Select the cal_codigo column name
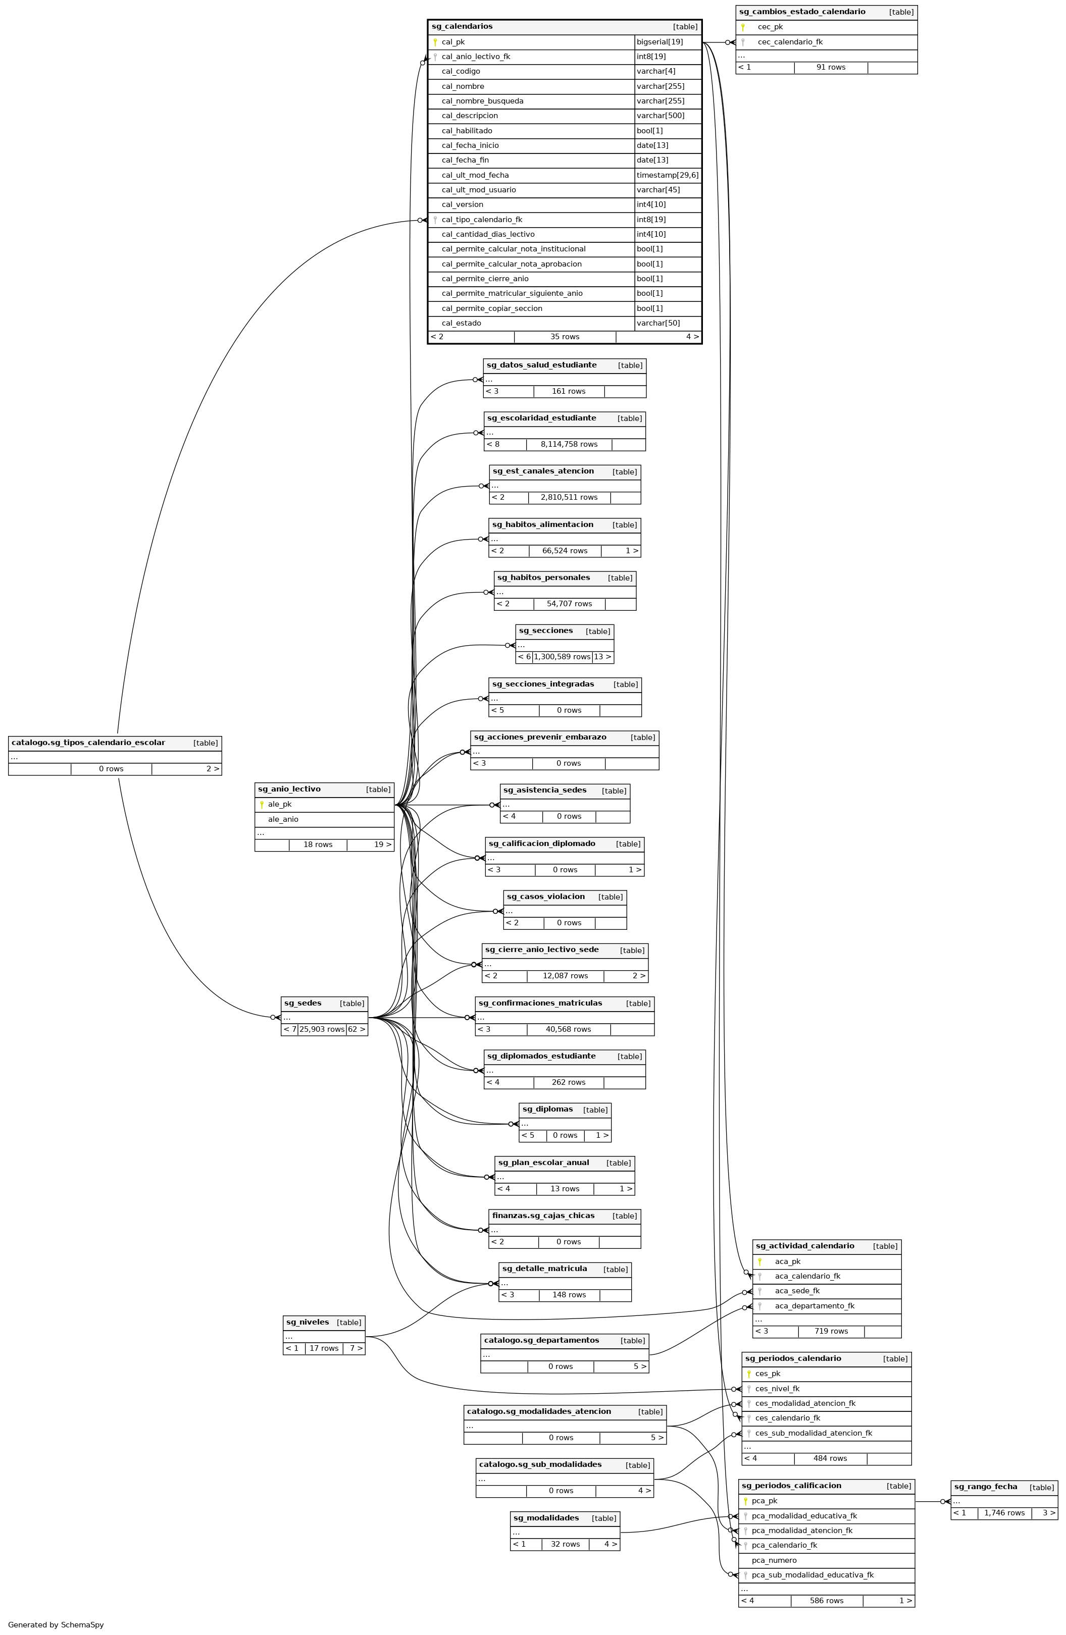(461, 72)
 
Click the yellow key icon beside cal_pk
(435, 42)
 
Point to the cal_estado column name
(461, 324)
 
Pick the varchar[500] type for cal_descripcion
(660, 116)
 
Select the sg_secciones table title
(546, 630)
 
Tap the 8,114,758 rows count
(569, 445)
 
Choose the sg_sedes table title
(302, 1003)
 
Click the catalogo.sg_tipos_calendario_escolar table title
(88, 743)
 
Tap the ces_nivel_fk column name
(777, 1388)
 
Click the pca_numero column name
(774, 1560)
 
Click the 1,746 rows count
(1004, 1513)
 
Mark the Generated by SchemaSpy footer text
(56, 1625)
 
